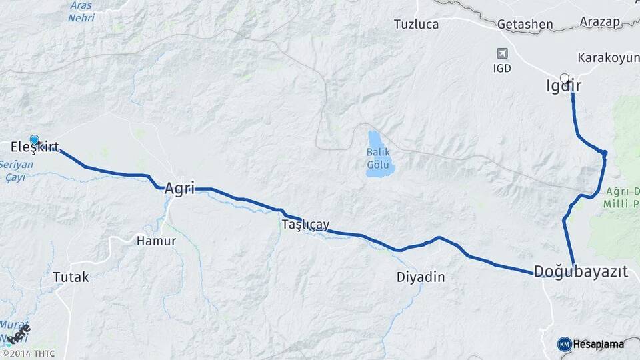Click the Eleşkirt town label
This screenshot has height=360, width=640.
pyautogui.click(x=35, y=147)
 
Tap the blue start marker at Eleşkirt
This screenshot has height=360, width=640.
pyautogui.click(x=35, y=140)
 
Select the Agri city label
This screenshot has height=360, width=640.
pyautogui.click(x=179, y=189)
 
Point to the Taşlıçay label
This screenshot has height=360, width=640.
pyautogui.click(x=305, y=225)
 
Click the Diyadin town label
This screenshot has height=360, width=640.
pyautogui.click(x=420, y=277)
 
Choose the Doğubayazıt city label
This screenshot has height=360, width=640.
pyautogui.click(x=581, y=271)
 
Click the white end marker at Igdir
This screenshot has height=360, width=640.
pyautogui.click(x=565, y=78)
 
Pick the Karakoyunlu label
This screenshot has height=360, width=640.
pyautogui.click(x=608, y=57)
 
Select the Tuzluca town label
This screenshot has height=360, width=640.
pyautogui.click(x=416, y=25)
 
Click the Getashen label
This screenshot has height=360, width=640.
pyautogui.click(x=525, y=25)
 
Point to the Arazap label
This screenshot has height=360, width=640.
pyautogui.click(x=600, y=21)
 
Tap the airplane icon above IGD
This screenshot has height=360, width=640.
pyautogui.click(x=502, y=53)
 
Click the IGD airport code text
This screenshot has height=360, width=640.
pyautogui.click(x=502, y=68)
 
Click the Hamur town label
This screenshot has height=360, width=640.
pyautogui.click(x=156, y=241)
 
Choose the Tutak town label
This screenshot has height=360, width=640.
pyautogui.click(x=70, y=277)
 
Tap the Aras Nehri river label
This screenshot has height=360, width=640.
pyautogui.click(x=81, y=11)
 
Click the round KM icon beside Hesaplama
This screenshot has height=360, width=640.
pyautogui.click(x=564, y=344)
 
